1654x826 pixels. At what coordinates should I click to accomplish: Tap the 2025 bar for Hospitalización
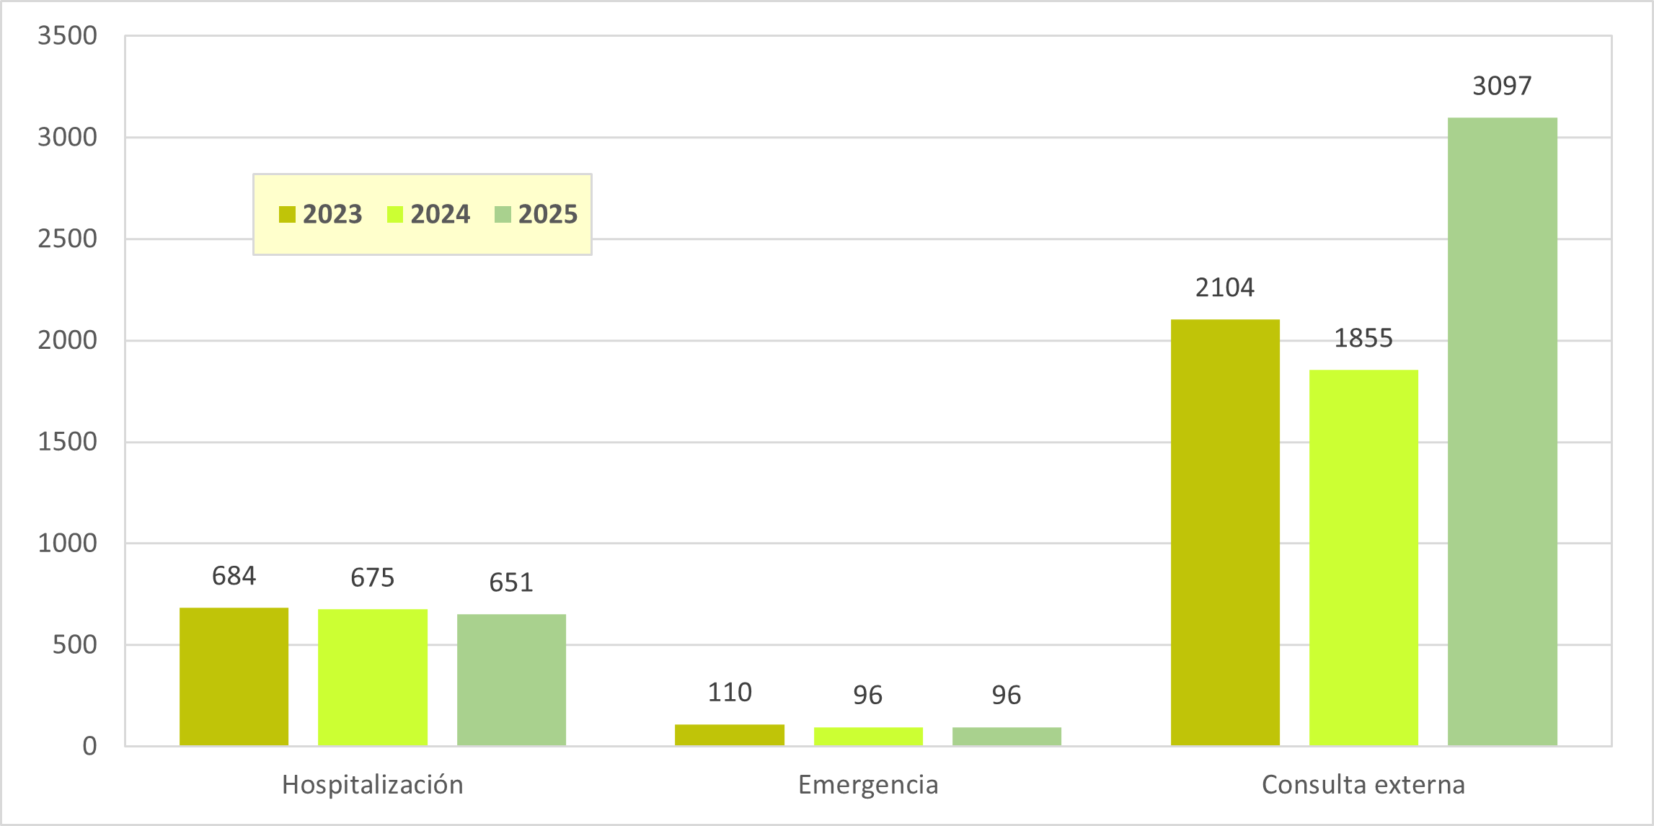511,680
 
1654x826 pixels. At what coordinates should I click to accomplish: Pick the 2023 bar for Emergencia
730,734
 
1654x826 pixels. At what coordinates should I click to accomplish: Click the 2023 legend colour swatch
287,215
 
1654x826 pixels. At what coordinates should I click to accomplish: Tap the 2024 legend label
440,215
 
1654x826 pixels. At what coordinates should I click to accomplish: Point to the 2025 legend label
548,215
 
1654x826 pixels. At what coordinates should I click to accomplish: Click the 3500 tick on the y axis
67,35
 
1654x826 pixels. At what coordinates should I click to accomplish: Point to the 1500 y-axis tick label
67,442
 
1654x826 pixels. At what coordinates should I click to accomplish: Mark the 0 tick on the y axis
89,746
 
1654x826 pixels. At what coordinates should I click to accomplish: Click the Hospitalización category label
373,785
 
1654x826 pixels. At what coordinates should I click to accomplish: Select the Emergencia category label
868,785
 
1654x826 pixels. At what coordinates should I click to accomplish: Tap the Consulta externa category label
1363,785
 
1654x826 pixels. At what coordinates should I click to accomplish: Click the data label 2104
1225,288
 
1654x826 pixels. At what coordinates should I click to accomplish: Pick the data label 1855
1363,338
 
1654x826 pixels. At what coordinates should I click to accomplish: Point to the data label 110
730,693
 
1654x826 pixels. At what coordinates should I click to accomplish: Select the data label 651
511,582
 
